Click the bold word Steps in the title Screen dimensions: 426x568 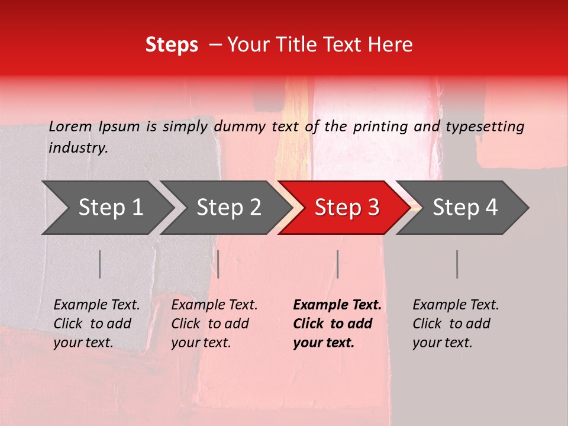172,45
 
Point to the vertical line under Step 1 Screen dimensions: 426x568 100,264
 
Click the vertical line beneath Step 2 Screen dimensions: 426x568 218,264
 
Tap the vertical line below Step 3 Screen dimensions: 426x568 337,264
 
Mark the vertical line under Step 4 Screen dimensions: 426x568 457,264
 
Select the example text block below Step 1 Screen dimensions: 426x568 96,324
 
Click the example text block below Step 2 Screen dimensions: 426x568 214,324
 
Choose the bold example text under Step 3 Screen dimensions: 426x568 337,324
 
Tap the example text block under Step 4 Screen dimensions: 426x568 456,324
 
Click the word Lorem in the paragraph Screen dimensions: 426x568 70,126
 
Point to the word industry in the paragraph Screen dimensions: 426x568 78,148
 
